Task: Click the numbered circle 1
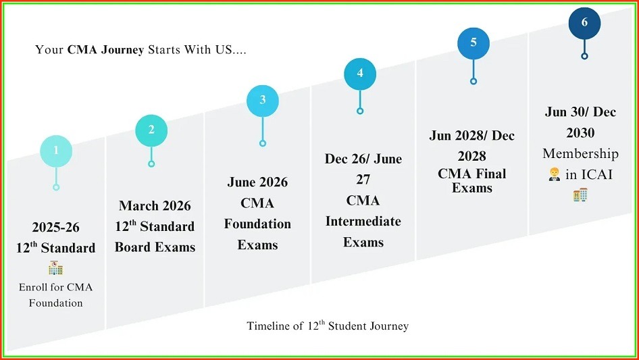point(56,151)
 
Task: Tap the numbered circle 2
point(151,130)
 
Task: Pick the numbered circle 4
point(360,74)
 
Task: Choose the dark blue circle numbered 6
point(584,23)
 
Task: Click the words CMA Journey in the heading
point(105,50)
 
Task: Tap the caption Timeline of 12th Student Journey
point(328,326)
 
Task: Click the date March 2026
point(155,206)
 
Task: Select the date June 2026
point(257,182)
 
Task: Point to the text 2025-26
point(56,227)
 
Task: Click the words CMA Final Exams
point(473,180)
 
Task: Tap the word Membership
point(580,153)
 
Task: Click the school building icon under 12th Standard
point(55,267)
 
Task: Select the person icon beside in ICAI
point(555,174)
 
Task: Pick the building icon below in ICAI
point(580,195)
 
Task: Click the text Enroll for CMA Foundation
point(56,295)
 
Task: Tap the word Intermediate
point(363,222)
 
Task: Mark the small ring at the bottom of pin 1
point(56,187)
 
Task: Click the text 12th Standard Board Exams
point(155,237)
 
